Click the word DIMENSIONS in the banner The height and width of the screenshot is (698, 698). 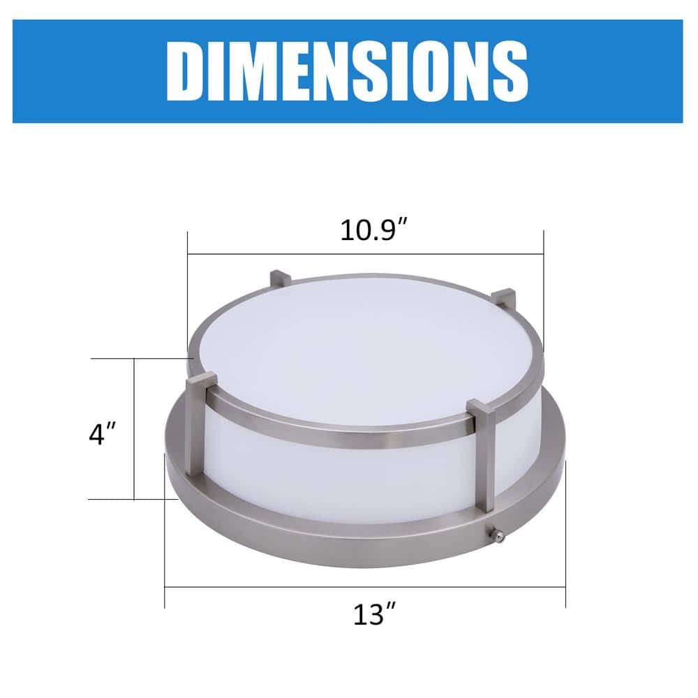click(x=347, y=72)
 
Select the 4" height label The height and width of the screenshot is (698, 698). click(x=101, y=434)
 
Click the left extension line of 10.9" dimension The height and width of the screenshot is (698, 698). click(x=187, y=293)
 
